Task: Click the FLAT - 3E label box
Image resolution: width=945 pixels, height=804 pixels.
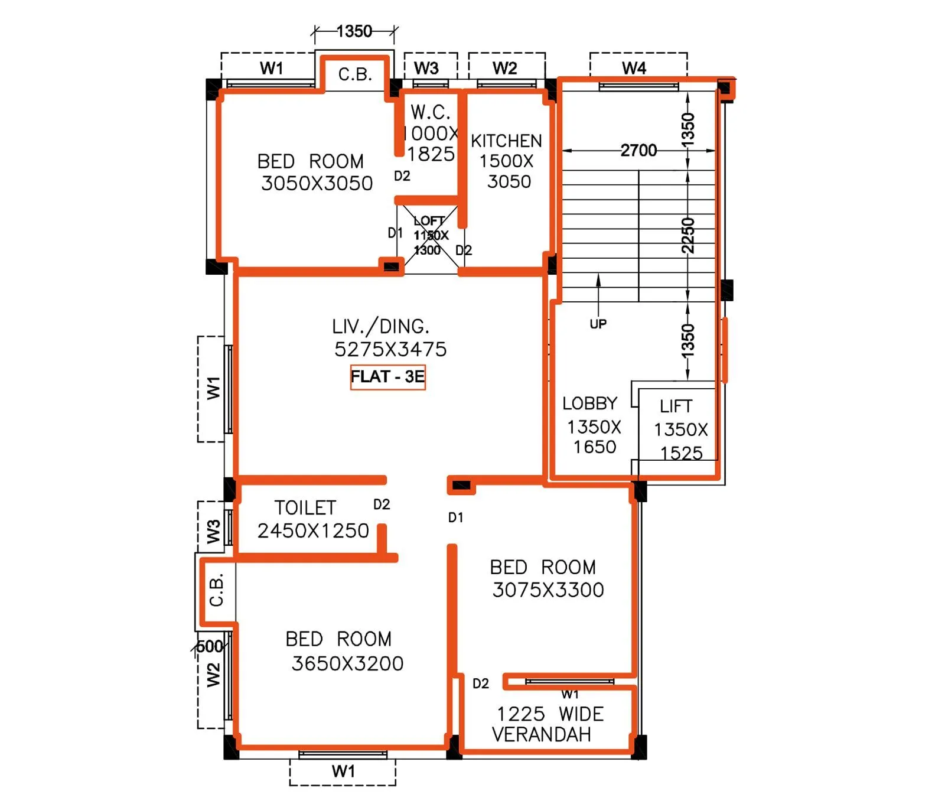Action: point(387,377)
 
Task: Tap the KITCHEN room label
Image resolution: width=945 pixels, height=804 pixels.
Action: point(506,141)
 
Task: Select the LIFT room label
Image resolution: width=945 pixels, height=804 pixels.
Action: point(676,406)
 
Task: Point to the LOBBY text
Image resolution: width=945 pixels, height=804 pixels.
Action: point(589,403)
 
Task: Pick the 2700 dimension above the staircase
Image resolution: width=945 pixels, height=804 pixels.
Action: point(638,151)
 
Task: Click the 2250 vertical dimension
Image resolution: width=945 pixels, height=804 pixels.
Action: point(687,235)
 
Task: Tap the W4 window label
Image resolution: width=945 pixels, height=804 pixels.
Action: point(634,68)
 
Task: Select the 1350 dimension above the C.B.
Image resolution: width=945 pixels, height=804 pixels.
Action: point(354,31)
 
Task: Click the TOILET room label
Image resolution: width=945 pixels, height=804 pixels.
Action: point(305,508)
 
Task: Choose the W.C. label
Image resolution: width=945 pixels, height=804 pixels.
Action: point(431,112)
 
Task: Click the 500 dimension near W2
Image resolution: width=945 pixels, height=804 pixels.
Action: point(210,646)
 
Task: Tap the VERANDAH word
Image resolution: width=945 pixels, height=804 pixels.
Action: point(541,734)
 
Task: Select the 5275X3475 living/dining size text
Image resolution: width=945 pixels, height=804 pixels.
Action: point(390,349)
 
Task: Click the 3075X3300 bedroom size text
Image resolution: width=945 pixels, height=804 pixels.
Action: point(548,590)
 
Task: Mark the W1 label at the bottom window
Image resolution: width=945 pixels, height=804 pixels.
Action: point(343,771)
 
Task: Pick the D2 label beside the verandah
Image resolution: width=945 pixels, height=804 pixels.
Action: point(480,683)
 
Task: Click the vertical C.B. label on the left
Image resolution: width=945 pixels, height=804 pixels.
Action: point(216,589)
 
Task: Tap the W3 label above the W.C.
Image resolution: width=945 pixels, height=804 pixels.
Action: point(426,68)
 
